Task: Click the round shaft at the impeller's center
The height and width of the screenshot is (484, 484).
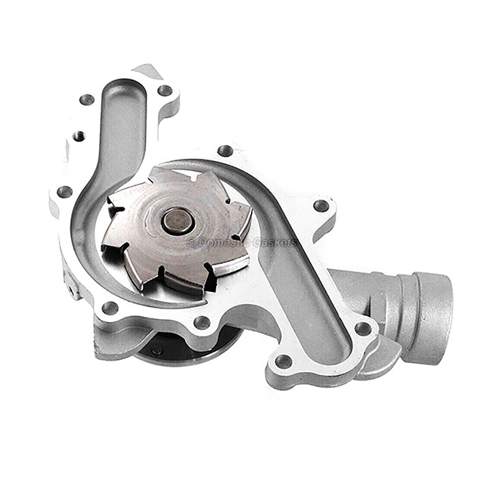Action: click(x=178, y=221)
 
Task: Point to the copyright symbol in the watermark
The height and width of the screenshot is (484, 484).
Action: click(x=191, y=242)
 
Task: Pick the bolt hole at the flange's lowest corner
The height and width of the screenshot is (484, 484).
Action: click(x=283, y=361)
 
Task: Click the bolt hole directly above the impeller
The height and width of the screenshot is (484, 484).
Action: click(x=225, y=151)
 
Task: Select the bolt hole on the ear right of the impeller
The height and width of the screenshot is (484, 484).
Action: click(x=321, y=205)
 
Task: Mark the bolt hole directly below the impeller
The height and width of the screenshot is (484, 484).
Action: click(x=202, y=323)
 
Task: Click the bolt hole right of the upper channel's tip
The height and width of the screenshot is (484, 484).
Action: click(x=164, y=90)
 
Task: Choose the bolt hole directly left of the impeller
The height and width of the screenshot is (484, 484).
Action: click(x=65, y=192)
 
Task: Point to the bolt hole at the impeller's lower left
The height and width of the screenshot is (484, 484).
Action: click(x=110, y=308)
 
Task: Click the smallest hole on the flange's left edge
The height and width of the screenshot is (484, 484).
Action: click(x=78, y=136)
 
